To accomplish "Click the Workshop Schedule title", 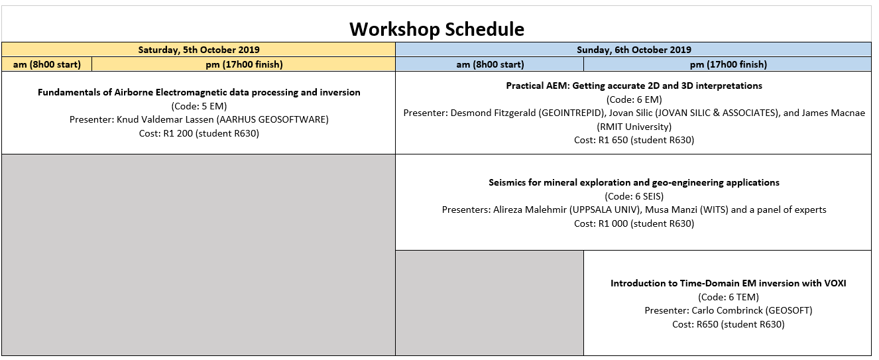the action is pos(437,29).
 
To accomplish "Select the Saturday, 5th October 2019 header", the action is pos(199,50).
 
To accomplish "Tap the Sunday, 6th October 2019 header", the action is pos(634,50).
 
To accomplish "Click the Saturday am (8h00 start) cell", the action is pos(46,64).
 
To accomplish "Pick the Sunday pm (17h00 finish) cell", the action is pos(728,64).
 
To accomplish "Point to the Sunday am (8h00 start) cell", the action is pos(490,64).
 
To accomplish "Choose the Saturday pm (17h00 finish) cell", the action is pos(244,64).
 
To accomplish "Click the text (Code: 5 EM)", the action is pos(199,106).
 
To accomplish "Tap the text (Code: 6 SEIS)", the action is pos(634,196).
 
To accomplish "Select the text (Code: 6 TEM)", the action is pos(729,297).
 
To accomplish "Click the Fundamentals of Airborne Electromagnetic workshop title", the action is pos(199,92).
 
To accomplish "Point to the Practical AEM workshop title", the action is pos(634,86).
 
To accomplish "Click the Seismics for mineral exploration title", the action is pos(634,182).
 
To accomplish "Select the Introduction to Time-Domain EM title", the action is pos(729,284).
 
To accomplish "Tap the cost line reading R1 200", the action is pos(199,133).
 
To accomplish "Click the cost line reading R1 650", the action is pos(634,140).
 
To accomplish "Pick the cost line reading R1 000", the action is pos(634,224).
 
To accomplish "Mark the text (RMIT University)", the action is pos(634,127).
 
